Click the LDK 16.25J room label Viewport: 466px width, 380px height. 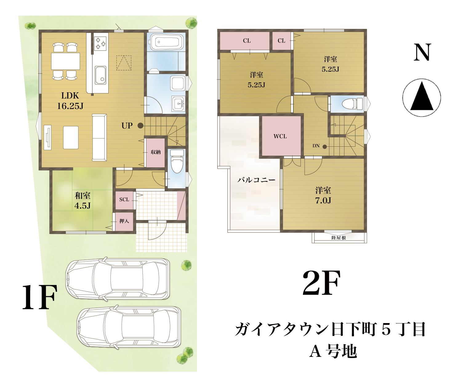click(70, 101)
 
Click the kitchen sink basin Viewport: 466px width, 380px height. click(101, 75)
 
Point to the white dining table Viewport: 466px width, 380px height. click(66, 61)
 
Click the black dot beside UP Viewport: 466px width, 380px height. click(140, 126)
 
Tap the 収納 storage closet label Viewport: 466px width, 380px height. click(155, 152)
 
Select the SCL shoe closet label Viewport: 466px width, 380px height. click(124, 199)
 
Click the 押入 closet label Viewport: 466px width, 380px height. click(124, 221)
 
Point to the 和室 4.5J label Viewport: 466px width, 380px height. click(82, 201)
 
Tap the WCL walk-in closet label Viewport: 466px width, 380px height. click(280, 136)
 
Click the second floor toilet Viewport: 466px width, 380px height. click(352, 104)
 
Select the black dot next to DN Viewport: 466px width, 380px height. click(325, 146)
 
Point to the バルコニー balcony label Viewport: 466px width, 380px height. click(256, 180)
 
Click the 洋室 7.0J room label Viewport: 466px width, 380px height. click(323, 195)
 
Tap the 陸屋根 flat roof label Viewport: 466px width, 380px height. click(339, 238)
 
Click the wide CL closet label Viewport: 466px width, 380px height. click(247, 41)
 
